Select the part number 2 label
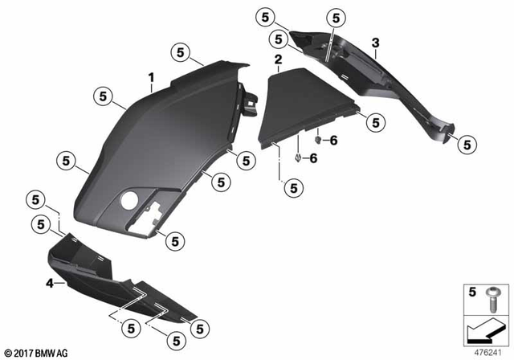[277, 60]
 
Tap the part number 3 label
[375, 42]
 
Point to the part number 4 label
[49, 283]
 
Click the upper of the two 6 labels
[335, 140]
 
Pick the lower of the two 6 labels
[314, 158]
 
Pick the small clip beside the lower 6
[298, 157]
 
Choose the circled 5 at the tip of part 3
[463, 145]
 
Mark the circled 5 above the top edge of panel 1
[181, 53]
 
